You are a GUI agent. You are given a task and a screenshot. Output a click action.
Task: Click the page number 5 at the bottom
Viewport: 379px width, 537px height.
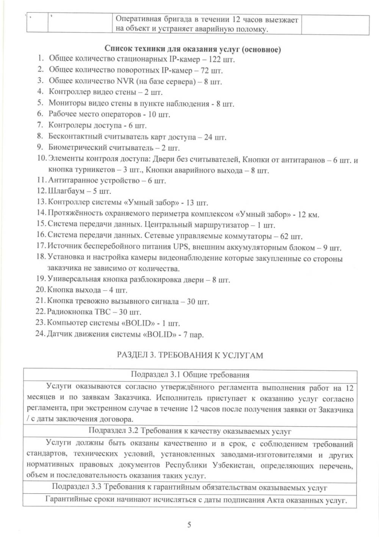189,525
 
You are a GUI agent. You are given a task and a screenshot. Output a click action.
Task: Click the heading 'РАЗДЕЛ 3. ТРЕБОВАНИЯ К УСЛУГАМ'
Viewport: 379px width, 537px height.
189,355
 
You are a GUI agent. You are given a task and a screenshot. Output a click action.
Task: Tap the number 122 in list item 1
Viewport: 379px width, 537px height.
216,60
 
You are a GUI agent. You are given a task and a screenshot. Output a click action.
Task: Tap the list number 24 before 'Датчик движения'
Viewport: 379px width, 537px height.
40,334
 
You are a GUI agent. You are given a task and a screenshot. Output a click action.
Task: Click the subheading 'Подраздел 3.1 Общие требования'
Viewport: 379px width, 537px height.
190,375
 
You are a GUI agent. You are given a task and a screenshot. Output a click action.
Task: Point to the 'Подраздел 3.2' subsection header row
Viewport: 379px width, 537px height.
190,431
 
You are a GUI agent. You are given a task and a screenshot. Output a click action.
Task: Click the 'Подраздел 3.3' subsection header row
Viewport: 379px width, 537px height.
189,487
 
